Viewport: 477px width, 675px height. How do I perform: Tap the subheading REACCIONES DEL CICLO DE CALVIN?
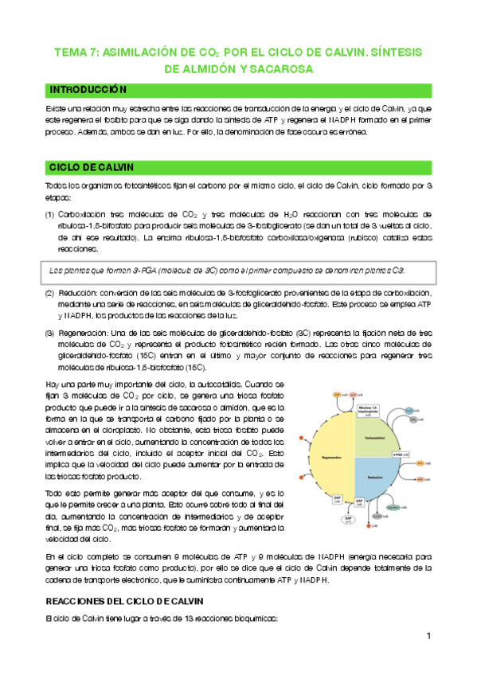click(x=124, y=599)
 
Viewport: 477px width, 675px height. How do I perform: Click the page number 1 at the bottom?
click(x=428, y=636)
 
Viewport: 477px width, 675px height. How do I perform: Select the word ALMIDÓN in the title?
click(x=209, y=69)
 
